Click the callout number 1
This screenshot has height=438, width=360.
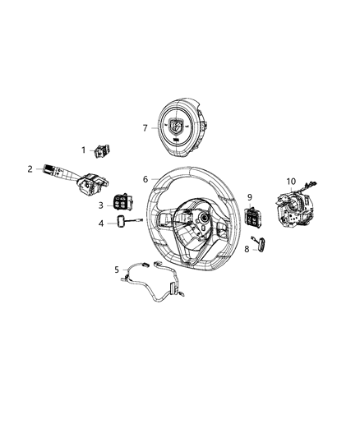click(83, 149)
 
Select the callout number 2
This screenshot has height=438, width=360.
click(30, 169)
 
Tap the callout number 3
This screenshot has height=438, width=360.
click(100, 205)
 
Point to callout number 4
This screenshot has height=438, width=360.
click(101, 224)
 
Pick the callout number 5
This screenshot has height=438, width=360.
click(118, 269)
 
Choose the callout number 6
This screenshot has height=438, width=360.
click(145, 178)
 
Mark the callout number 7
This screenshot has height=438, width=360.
click(145, 127)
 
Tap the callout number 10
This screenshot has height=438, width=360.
click(290, 181)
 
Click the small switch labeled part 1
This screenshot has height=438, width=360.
click(104, 150)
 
